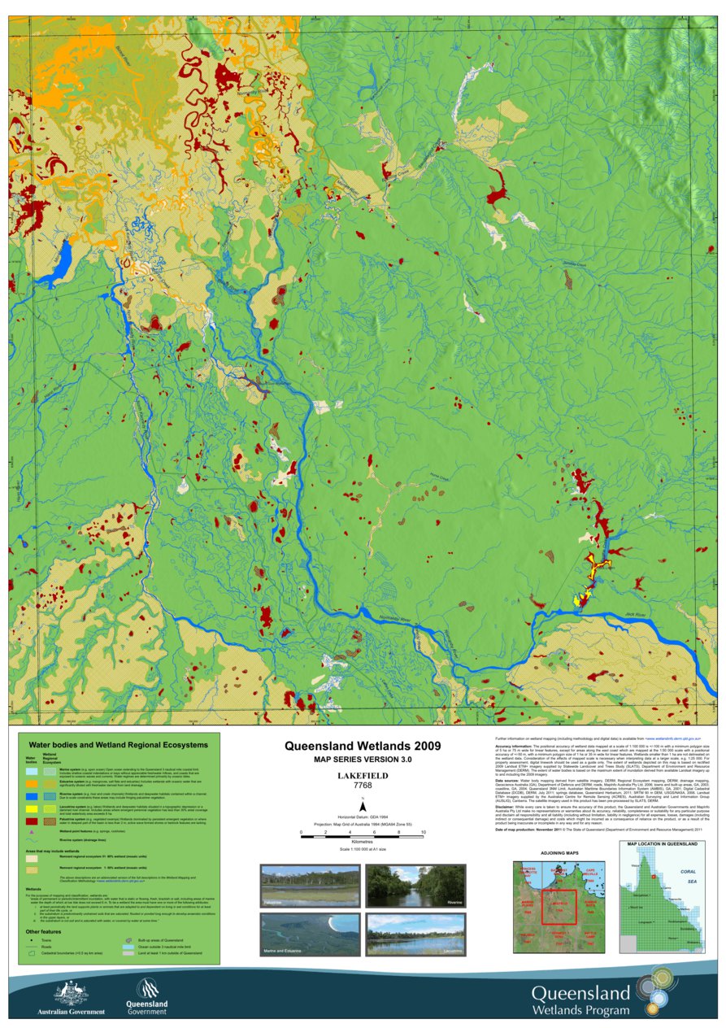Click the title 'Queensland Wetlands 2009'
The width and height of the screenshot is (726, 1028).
pyautogui.click(x=363, y=745)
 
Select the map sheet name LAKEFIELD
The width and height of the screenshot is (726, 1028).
pyautogui.click(x=363, y=776)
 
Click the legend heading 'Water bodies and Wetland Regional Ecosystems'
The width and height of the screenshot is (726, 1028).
pyautogui.click(x=118, y=744)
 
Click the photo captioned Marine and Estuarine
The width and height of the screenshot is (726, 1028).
pyautogui.click(x=309, y=934)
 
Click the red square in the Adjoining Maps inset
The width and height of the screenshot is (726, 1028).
pyautogui.click(x=559, y=907)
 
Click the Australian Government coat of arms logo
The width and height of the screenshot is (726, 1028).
pyautogui.click(x=71, y=994)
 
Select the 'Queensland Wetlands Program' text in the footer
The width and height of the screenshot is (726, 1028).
pyautogui.click(x=580, y=1001)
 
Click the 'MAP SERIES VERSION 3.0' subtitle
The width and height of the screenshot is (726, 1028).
pyautogui.click(x=363, y=760)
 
